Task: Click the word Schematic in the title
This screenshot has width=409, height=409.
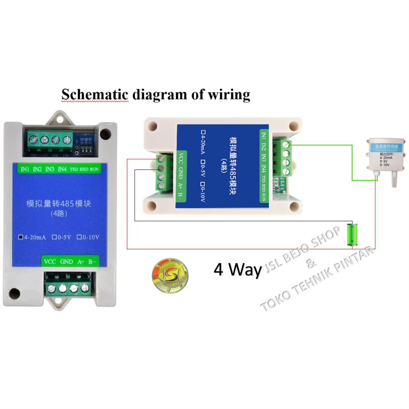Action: click(x=95, y=95)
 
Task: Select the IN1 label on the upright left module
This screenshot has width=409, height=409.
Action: click(x=25, y=169)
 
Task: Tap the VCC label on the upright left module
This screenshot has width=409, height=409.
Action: click(x=50, y=262)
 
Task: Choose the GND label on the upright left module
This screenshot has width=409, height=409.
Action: click(x=66, y=262)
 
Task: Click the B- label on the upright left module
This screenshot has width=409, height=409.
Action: click(x=92, y=262)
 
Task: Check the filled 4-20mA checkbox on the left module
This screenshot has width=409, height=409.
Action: click(x=21, y=237)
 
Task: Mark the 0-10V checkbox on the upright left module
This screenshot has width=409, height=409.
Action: click(x=79, y=237)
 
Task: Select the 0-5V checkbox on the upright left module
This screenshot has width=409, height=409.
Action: click(x=53, y=237)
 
